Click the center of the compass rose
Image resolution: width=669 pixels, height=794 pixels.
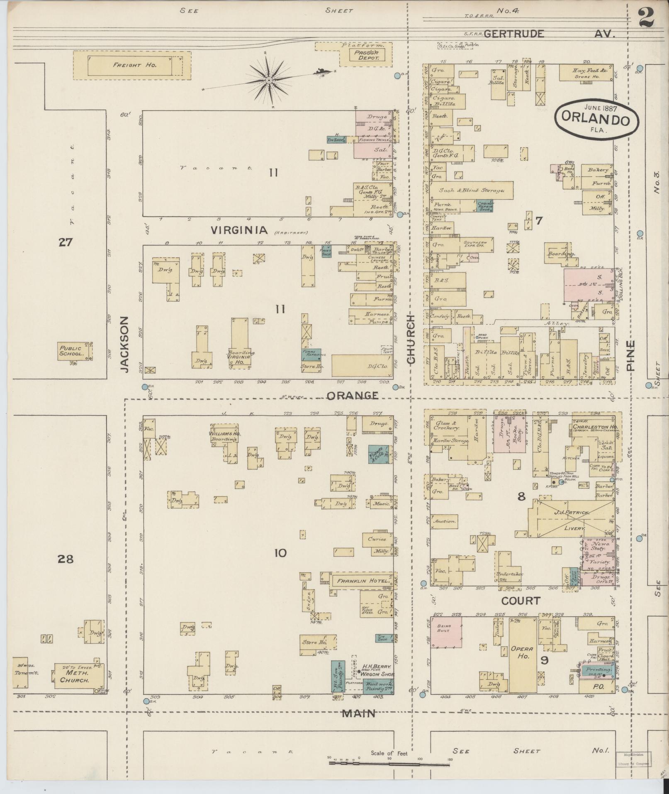269,80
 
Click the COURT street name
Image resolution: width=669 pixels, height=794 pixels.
521,601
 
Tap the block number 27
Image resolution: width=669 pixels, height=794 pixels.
65,242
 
